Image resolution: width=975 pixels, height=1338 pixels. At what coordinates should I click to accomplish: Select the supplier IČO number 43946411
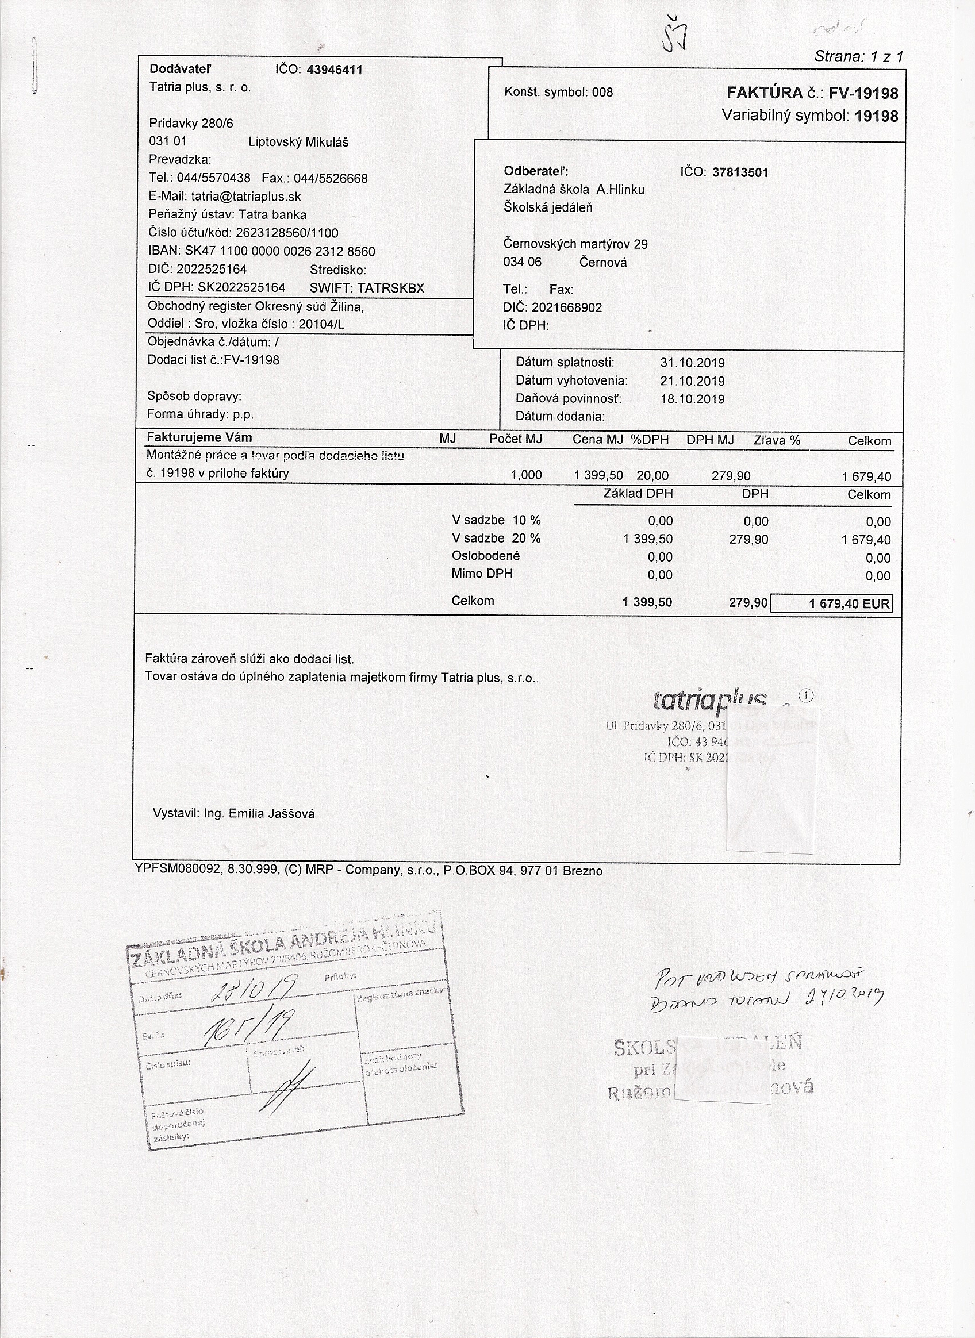pyautogui.click(x=335, y=70)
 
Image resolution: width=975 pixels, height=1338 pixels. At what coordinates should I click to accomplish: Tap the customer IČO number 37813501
pyautogui.click(x=740, y=172)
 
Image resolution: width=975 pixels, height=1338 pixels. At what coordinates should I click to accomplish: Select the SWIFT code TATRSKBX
pyautogui.click(x=391, y=289)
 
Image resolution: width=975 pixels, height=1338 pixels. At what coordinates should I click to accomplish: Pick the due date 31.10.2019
pyautogui.click(x=692, y=363)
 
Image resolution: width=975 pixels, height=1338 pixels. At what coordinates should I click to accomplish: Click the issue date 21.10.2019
pyautogui.click(x=692, y=381)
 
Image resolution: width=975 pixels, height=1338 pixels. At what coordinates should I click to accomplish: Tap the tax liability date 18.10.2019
pyautogui.click(x=692, y=399)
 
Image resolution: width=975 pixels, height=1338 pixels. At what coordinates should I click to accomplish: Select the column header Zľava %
pyautogui.click(x=777, y=440)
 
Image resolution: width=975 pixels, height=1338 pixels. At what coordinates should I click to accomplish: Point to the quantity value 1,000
pyautogui.click(x=526, y=475)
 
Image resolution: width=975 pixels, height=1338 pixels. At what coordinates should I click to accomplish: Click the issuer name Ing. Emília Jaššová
pyautogui.click(x=259, y=813)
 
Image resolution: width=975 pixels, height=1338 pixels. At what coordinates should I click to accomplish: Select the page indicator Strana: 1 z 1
pyautogui.click(x=858, y=57)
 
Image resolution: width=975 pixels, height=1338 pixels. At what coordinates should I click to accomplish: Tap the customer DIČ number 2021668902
pyautogui.click(x=567, y=307)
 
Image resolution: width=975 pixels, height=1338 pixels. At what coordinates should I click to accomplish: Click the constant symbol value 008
pyautogui.click(x=602, y=92)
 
